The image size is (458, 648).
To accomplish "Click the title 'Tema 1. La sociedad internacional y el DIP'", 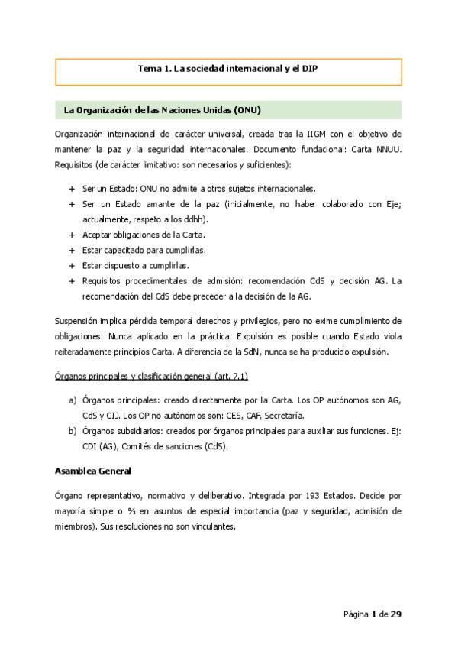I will click(228, 69).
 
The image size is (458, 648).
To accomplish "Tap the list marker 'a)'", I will click(73, 401).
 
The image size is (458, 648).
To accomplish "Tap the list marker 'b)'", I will click(73, 431).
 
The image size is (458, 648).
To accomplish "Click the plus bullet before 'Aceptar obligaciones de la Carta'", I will click(72, 234).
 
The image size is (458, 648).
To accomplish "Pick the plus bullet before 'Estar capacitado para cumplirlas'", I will click(72, 250).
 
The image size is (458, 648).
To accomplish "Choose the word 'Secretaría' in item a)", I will click(284, 416).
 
